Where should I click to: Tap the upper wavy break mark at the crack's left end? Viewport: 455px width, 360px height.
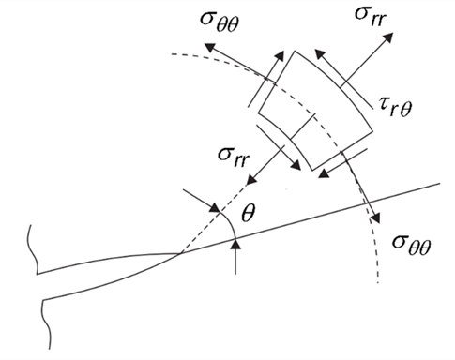click(x=35, y=246)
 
